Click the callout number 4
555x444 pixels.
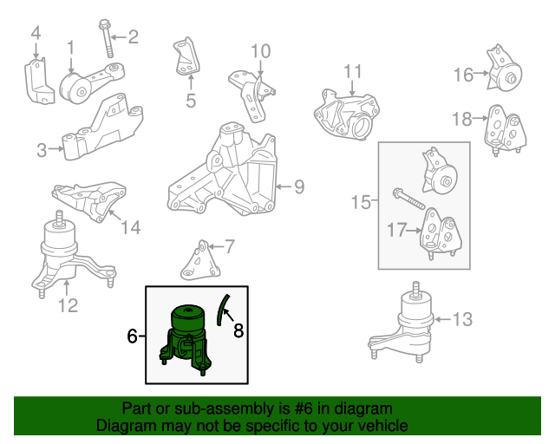point(36,33)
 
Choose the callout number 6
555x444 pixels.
point(132,336)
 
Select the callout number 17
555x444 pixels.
point(396,231)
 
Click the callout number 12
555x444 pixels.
point(68,305)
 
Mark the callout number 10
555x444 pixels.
point(261,52)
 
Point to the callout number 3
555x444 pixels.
point(42,151)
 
